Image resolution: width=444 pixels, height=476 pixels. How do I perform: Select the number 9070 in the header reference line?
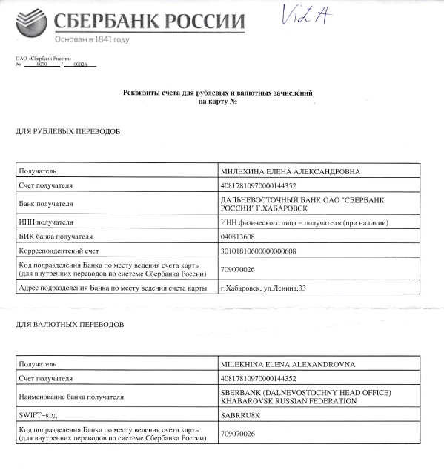tap(41, 65)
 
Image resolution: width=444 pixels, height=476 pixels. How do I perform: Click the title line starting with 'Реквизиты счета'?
tap(217, 93)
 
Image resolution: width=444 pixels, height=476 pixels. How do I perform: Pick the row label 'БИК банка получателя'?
tap(55, 237)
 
